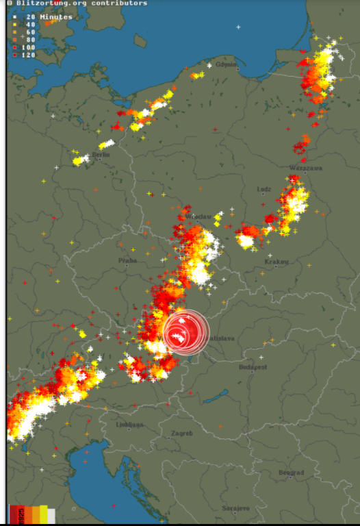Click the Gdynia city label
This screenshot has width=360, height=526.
point(225,65)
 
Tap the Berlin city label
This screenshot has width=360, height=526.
point(101,155)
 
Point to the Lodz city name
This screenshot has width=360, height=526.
point(264,189)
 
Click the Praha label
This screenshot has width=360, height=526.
point(128,260)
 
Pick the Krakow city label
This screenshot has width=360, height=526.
point(277,262)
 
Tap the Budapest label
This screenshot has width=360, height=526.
point(253,367)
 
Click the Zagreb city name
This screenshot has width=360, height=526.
point(181,433)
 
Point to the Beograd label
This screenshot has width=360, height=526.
point(290,473)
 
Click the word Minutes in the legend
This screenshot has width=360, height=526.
point(57,16)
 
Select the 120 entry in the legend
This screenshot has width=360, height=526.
point(28,55)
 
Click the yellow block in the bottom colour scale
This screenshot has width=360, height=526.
point(44,514)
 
